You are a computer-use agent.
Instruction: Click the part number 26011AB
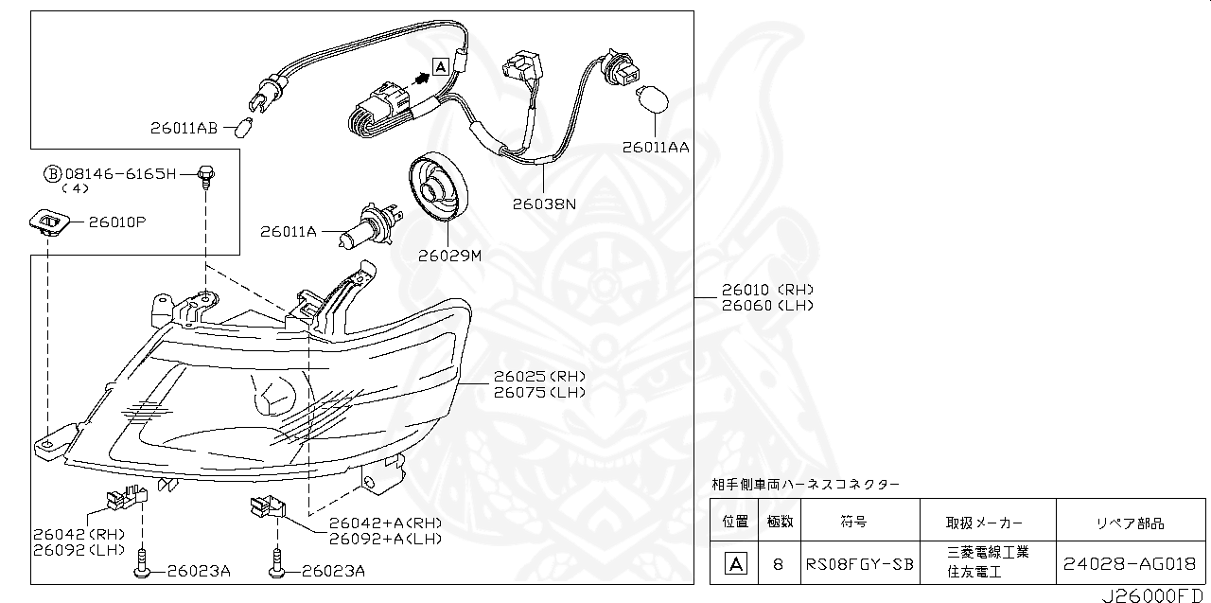[184, 128]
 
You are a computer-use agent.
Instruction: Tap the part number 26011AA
[656, 148]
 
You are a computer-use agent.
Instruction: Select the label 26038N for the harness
[544, 203]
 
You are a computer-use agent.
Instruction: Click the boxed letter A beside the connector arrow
[440, 66]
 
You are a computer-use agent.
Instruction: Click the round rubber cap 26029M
[438, 189]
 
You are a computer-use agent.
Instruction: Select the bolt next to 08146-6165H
[205, 176]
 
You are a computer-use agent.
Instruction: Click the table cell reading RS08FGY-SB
[860, 563]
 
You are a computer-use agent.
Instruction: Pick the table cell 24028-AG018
[1130, 563]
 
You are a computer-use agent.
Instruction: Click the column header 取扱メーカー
[984, 523]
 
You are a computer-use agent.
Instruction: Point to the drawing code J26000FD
[1155, 596]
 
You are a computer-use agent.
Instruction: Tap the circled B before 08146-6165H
[53, 174]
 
